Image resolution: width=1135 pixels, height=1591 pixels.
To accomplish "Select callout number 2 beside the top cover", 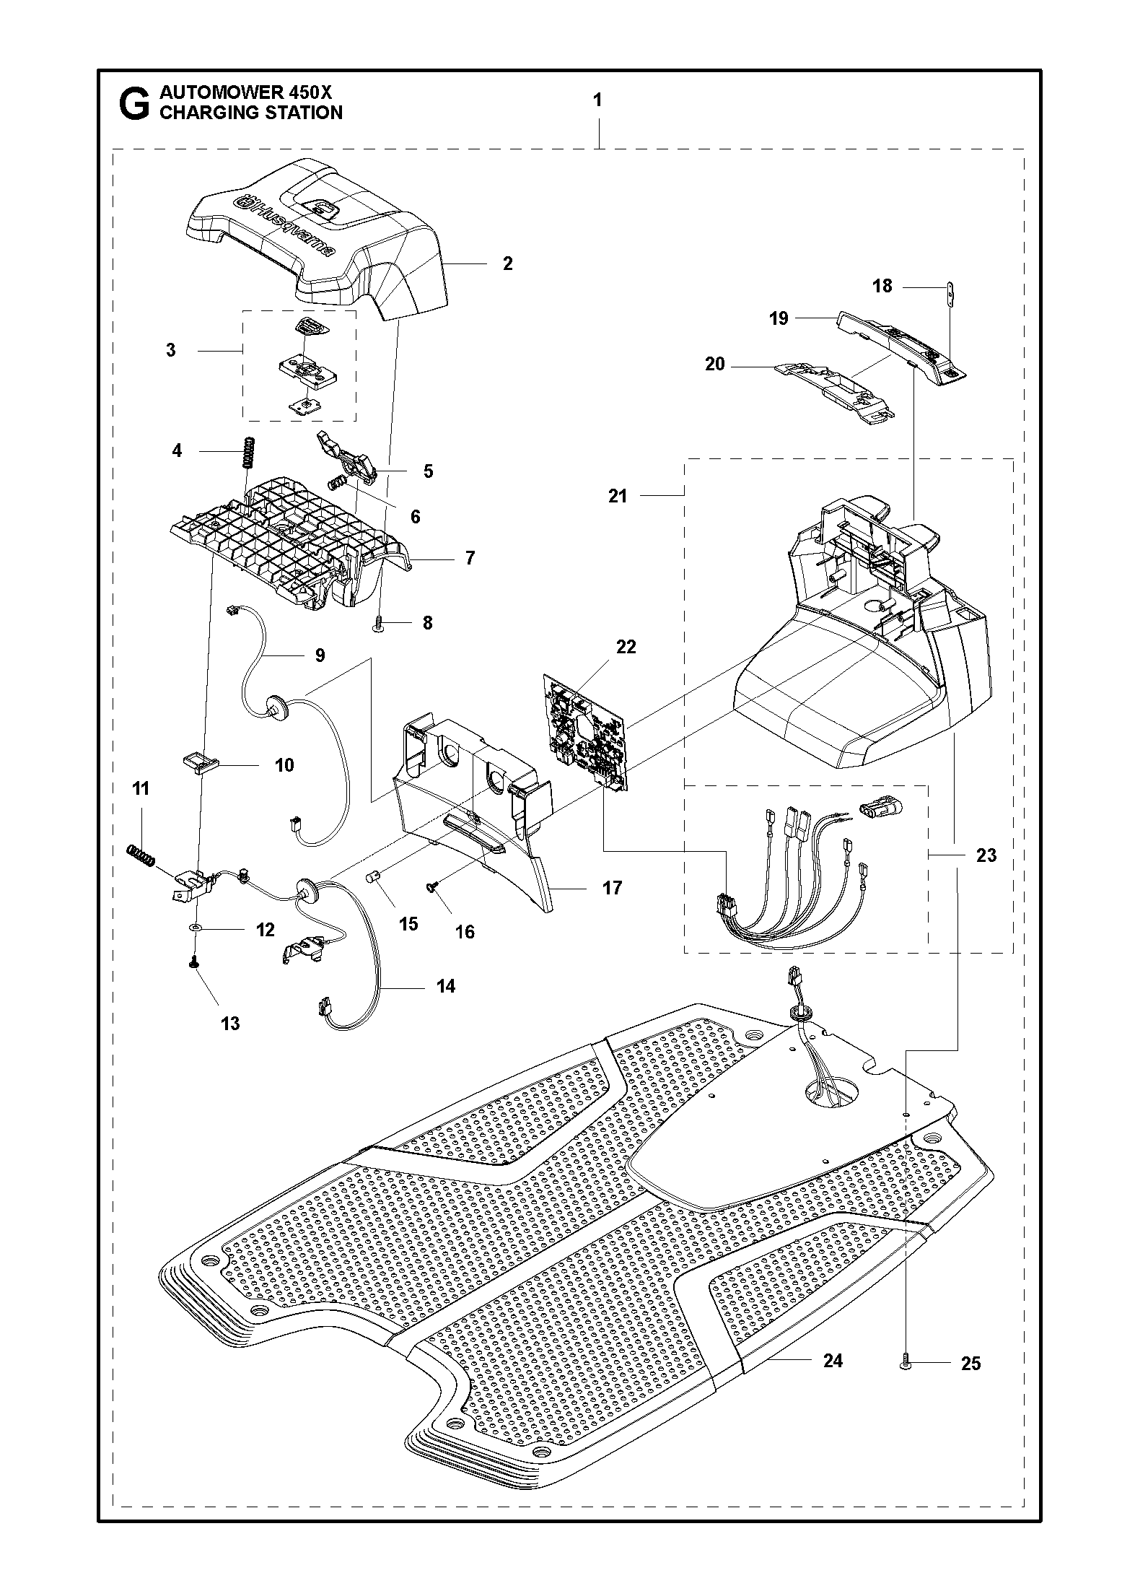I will (x=507, y=263).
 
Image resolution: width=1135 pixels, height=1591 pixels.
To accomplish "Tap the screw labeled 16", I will (x=434, y=890).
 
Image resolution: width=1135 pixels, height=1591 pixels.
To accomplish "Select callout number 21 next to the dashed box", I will (x=618, y=496).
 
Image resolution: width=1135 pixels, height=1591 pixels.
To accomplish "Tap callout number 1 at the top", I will (x=597, y=100).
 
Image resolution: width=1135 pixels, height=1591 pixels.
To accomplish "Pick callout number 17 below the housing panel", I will (x=611, y=888).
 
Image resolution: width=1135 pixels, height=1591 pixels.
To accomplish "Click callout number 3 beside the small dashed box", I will (x=171, y=350).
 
